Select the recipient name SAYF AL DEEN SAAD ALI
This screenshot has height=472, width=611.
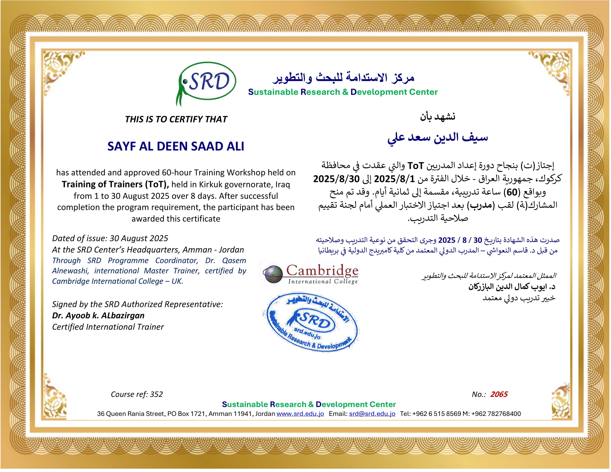tap(176, 146)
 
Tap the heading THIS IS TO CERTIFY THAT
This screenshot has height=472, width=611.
tap(176, 119)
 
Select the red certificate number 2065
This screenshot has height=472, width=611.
tap(499, 394)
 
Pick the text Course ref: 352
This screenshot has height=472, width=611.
tap(137, 394)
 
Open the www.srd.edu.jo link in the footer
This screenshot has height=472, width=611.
tap(300, 414)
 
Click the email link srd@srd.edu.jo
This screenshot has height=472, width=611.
tap(372, 414)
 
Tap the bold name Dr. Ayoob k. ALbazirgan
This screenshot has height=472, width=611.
tap(98, 315)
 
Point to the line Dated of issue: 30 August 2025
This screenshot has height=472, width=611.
tap(110, 238)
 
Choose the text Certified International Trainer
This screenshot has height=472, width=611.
tap(108, 327)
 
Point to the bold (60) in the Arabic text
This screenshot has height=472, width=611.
tap(512, 192)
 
